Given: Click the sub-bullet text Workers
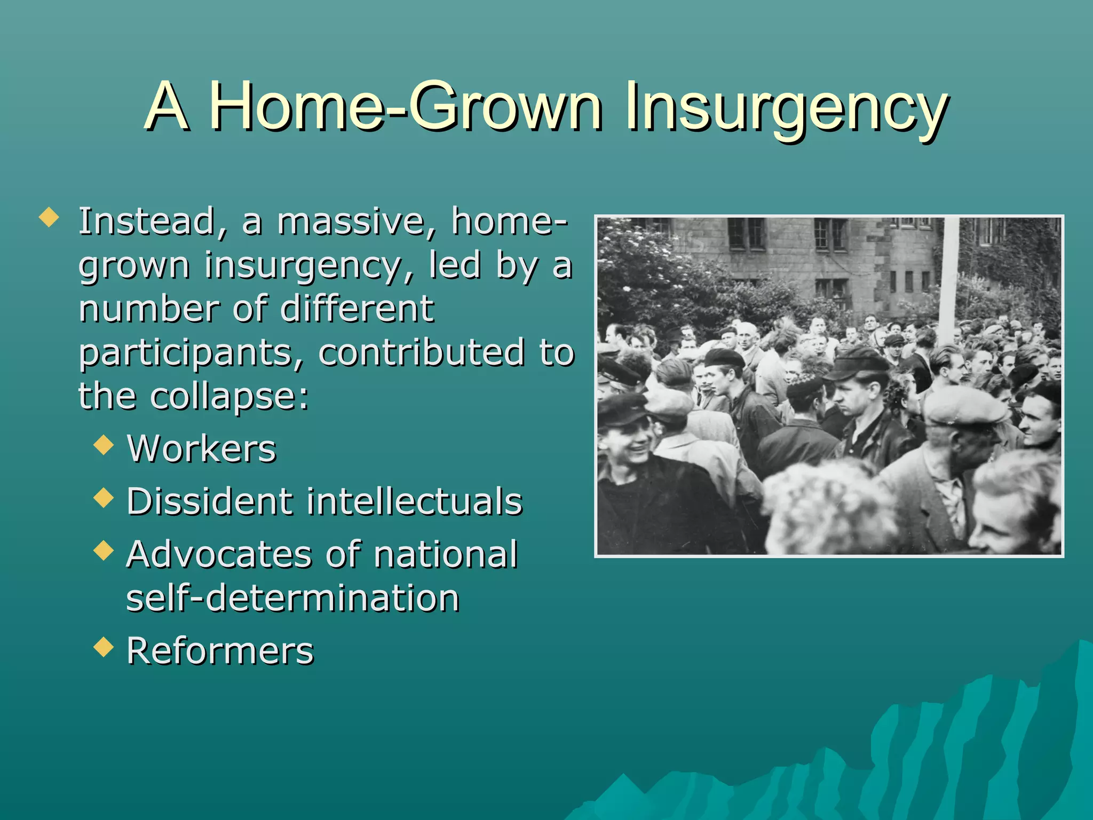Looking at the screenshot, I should click(202, 449).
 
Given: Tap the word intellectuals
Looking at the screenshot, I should click(414, 502).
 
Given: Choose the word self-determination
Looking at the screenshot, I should click(292, 598).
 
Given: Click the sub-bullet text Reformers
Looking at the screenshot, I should click(220, 651).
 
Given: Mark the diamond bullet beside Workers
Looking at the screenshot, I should click(104, 445).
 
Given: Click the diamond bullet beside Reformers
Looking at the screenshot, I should click(104, 648).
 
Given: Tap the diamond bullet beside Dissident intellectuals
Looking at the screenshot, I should click(104, 498).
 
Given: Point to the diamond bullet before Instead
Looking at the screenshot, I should click(49, 218).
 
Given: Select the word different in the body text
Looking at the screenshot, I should click(357, 310).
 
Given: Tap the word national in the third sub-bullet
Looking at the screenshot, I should click(446, 555).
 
